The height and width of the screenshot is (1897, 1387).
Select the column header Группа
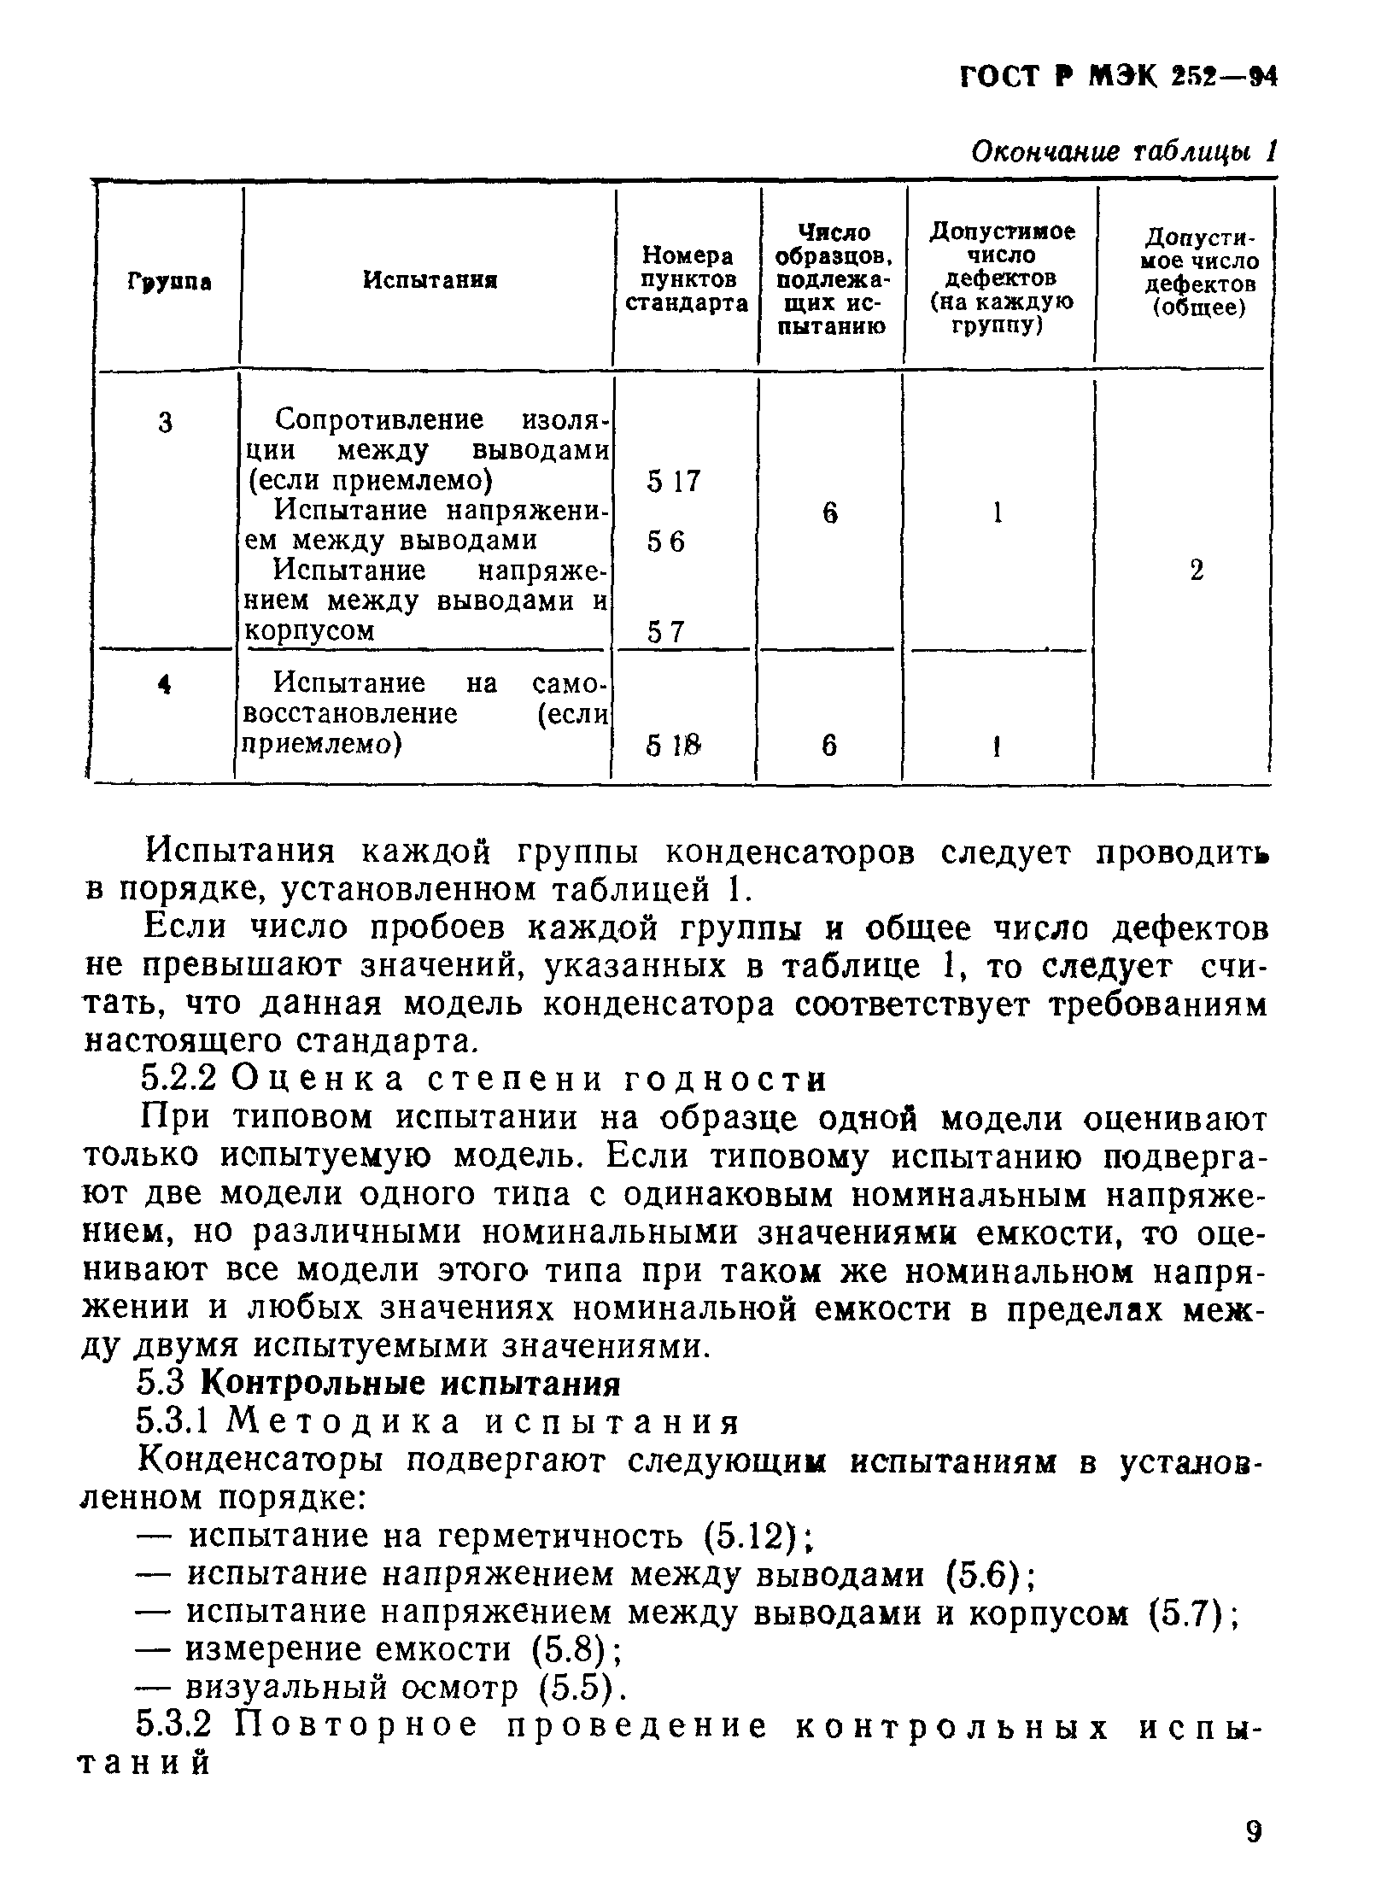(170, 281)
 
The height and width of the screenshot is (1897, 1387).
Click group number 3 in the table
(166, 422)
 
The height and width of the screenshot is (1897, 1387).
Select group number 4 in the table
(166, 683)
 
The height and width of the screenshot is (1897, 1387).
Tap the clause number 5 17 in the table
(673, 483)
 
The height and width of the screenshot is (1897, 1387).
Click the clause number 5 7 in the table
(666, 632)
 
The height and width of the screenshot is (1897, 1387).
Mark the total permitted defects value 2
(1197, 570)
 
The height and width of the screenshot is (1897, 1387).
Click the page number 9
(1253, 1832)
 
